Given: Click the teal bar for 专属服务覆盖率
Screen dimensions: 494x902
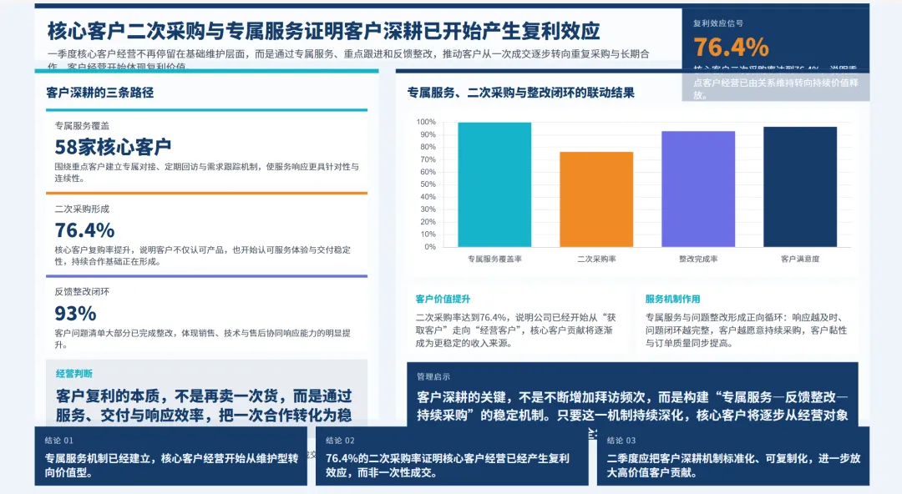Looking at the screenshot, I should pyautogui.click(x=494, y=184).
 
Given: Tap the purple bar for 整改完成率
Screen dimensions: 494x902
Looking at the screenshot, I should pyautogui.click(x=698, y=189).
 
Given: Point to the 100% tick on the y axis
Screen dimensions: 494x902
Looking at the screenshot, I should pyautogui.click(x=425, y=122).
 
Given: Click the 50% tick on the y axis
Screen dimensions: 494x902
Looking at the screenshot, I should pyautogui.click(x=427, y=184).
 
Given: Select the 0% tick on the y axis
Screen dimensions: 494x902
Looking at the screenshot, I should pyautogui.click(x=429, y=246).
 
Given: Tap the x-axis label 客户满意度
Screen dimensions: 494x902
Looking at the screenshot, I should pyautogui.click(x=799, y=259).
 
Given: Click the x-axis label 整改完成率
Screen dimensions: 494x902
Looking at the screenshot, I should pyautogui.click(x=698, y=259).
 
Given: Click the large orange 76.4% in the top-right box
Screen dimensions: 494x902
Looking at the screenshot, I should pyautogui.click(x=731, y=47).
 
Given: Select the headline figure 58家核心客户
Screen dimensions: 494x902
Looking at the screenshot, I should pyautogui.click(x=113, y=147).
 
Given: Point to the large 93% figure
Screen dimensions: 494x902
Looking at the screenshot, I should pyautogui.click(x=75, y=313).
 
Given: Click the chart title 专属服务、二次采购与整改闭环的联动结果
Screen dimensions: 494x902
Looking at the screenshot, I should pyautogui.click(x=520, y=93).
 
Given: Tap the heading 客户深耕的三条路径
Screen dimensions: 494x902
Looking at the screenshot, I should pyautogui.click(x=100, y=93).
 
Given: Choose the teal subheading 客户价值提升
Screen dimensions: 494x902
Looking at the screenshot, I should pyautogui.click(x=443, y=299).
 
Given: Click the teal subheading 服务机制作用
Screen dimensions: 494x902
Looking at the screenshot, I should pyautogui.click(x=672, y=299).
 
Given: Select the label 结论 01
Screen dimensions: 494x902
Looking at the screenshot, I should pyautogui.click(x=59, y=440).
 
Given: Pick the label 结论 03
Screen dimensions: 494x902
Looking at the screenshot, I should pyautogui.click(x=621, y=440).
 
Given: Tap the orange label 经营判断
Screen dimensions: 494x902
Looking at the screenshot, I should pyautogui.click(x=74, y=373).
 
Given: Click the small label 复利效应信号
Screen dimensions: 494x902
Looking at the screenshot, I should pyautogui.click(x=718, y=23).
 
